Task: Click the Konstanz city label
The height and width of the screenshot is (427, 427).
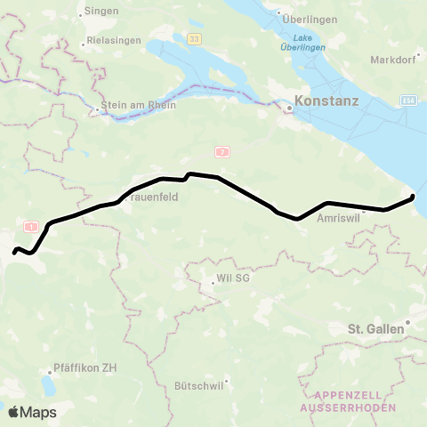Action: point(326,101)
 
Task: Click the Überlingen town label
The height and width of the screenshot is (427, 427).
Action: point(307,19)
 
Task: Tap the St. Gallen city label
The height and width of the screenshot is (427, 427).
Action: point(375,328)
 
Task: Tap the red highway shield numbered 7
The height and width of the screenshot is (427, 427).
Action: point(222,153)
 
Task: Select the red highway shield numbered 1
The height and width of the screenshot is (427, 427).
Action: point(33,228)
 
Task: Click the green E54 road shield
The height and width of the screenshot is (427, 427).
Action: point(408,103)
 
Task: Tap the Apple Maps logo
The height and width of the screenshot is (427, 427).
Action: point(31,412)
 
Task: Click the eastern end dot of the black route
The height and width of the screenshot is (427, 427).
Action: point(413,197)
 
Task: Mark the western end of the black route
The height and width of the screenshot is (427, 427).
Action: point(13,252)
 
